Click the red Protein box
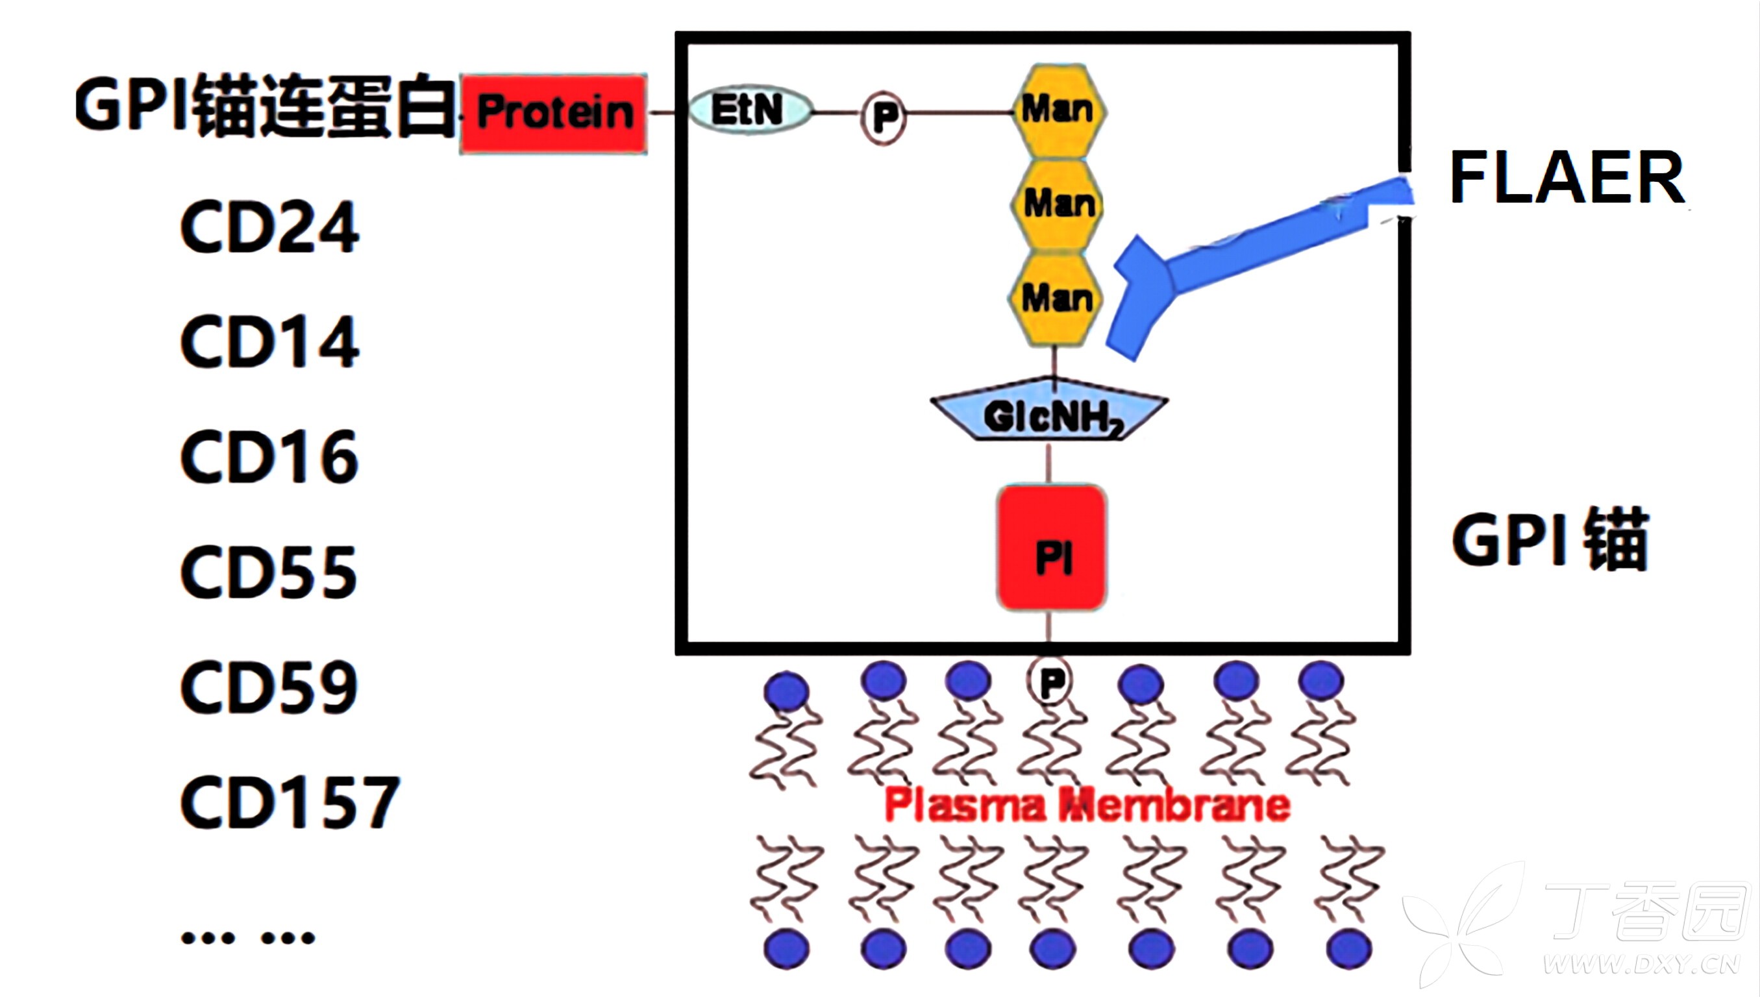pos(553,114)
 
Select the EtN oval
pos(749,110)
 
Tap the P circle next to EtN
pos(884,116)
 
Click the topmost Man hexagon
pos(1059,111)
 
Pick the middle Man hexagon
pos(1058,204)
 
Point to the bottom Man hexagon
pos(1056,299)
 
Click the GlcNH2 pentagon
pos(1049,410)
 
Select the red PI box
pos(1052,548)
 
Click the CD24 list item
pos(269,227)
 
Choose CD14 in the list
pos(269,341)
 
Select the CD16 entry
pos(269,457)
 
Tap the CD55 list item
pos(269,572)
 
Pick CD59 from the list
pos(269,687)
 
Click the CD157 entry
pos(290,802)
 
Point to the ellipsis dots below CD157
pos(248,937)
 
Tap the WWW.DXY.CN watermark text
pos(1642,965)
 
